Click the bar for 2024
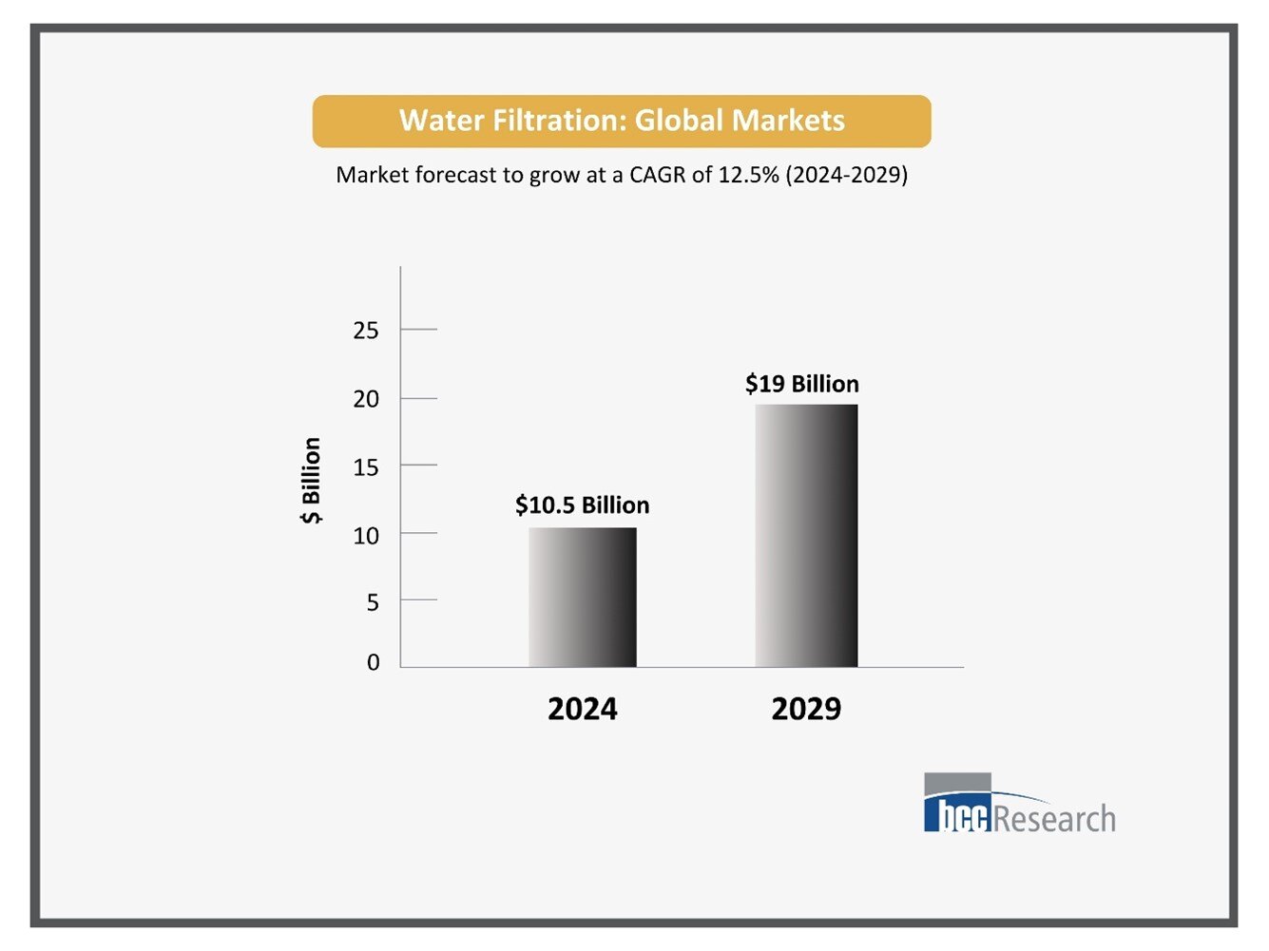(583, 597)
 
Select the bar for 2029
(806, 536)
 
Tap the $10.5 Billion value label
(582, 504)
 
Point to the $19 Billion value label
(801, 384)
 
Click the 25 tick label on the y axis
(366, 331)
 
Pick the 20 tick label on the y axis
(366, 399)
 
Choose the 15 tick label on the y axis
(366, 467)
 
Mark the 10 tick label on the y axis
(366, 536)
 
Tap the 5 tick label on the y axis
(373, 602)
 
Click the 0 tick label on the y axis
(373, 662)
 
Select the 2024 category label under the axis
(582, 709)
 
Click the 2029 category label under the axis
(806, 709)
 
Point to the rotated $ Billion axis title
(311, 481)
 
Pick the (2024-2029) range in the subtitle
(846, 175)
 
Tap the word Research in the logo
(1054, 818)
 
